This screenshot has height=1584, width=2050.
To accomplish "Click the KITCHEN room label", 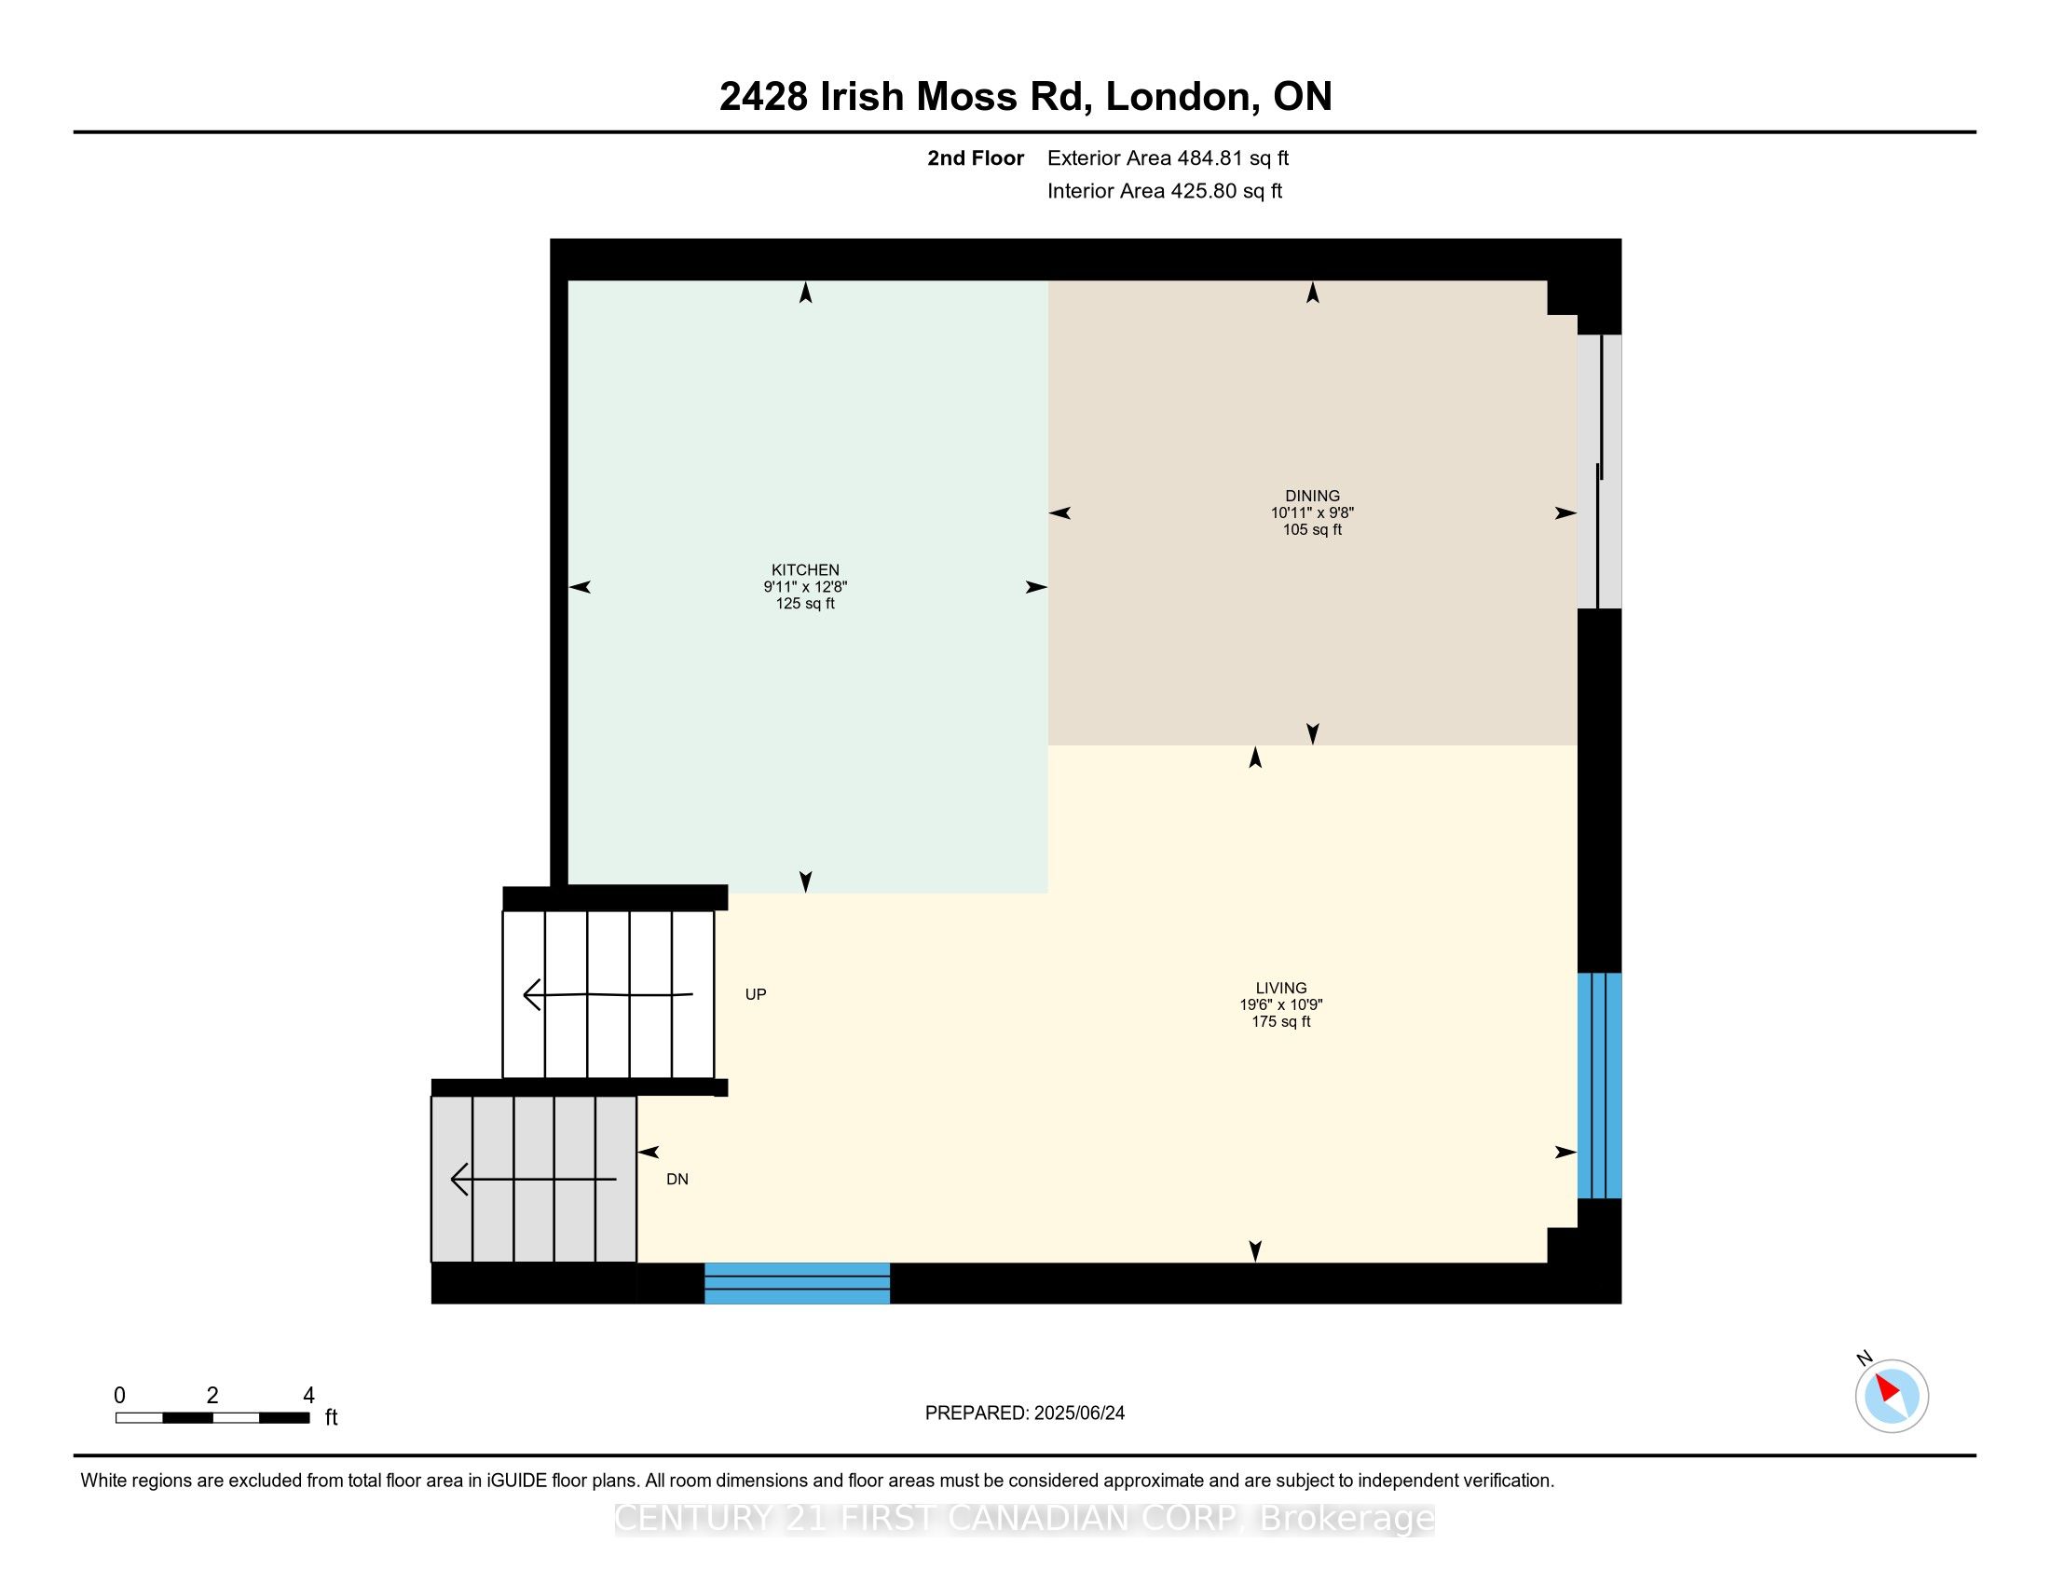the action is pos(805,569).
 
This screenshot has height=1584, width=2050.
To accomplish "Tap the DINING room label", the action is pos(1312,496).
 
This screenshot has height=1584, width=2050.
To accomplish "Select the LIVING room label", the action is pos(1281,987).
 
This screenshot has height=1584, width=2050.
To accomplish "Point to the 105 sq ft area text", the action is pos(1312,529).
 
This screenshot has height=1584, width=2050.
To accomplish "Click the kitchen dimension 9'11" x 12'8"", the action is pos(805,586).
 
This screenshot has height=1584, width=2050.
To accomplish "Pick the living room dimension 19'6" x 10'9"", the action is pos(1281,1004).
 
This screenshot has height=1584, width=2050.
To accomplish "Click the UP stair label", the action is pos(756,994).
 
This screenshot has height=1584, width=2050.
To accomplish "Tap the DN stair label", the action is pos(677,1179).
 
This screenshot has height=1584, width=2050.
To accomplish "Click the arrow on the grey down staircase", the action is pos(533,1179).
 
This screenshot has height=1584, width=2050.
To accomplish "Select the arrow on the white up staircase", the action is pos(608,994).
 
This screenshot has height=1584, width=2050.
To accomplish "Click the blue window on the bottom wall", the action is pos(797,1283).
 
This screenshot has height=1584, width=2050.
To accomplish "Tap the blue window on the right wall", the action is pos(1599,1086).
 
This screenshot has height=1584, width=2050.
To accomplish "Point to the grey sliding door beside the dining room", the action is pos(1599,471).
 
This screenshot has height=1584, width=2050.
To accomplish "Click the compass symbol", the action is pos(1892,1396).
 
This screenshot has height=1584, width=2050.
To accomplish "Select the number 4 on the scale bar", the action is pos(308,1396).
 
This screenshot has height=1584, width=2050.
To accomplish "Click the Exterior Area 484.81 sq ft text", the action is pos(1168,157).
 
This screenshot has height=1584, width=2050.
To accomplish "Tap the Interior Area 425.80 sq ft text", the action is pos(1165,190).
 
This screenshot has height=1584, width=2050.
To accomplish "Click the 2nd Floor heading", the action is pos(976,157).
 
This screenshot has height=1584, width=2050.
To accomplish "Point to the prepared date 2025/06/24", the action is pos(1078,1413).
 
